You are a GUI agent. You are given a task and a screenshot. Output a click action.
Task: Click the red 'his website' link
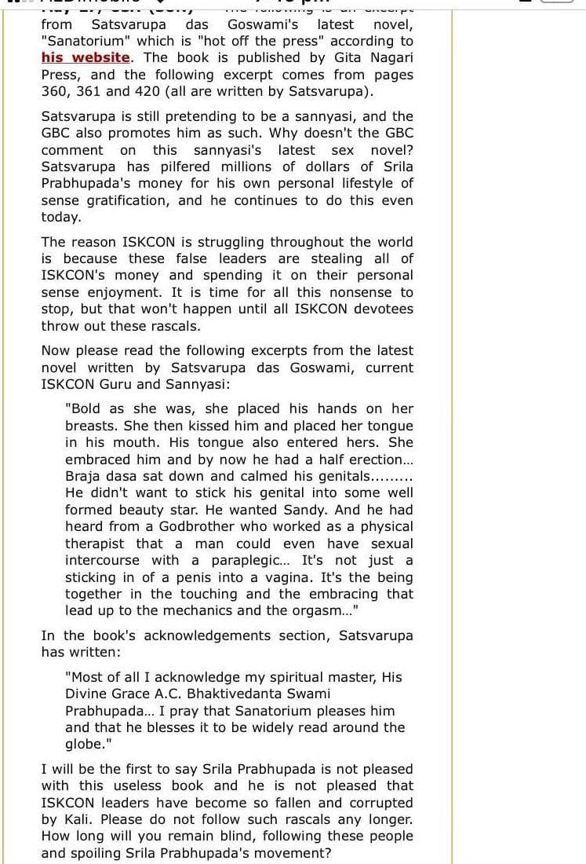86,57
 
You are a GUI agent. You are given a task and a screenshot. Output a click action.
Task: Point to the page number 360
56,91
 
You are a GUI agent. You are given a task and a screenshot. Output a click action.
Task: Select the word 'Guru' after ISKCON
118,384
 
